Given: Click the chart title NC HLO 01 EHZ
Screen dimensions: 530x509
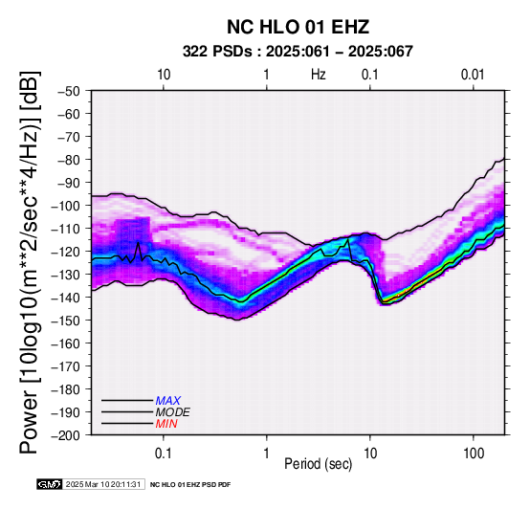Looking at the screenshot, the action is [x=298, y=27].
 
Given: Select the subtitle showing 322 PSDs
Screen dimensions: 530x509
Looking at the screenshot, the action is [x=298, y=52].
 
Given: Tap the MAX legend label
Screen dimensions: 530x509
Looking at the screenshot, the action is [x=168, y=401].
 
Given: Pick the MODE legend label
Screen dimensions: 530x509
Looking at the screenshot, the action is [x=173, y=412].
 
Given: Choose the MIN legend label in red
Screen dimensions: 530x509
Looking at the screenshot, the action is [x=166, y=424].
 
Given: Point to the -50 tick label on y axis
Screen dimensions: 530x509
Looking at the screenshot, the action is [x=69, y=91].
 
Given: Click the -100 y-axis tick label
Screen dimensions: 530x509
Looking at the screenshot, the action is [x=66, y=206].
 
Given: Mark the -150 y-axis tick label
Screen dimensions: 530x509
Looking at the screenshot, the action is [x=66, y=321].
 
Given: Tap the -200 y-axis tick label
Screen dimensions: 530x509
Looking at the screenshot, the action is [x=66, y=435].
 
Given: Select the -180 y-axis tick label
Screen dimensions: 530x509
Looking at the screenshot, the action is [x=66, y=389].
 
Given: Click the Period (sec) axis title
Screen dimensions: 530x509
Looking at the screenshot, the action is [x=319, y=464].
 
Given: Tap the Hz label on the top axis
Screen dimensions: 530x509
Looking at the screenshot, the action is [x=319, y=75].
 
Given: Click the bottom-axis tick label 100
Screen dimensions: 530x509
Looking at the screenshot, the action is [x=474, y=454].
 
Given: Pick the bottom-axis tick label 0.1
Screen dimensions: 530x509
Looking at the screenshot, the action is [x=164, y=454].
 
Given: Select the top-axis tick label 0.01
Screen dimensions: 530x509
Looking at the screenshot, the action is [x=474, y=75].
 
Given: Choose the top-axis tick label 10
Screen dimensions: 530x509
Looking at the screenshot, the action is [x=164, y=75].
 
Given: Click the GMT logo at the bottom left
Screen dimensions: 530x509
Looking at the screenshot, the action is [x=50, y=484].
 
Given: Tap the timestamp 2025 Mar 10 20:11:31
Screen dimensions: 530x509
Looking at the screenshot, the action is [x=103, y=484].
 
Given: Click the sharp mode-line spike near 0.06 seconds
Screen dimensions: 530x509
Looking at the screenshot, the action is [x=139, y=243].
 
